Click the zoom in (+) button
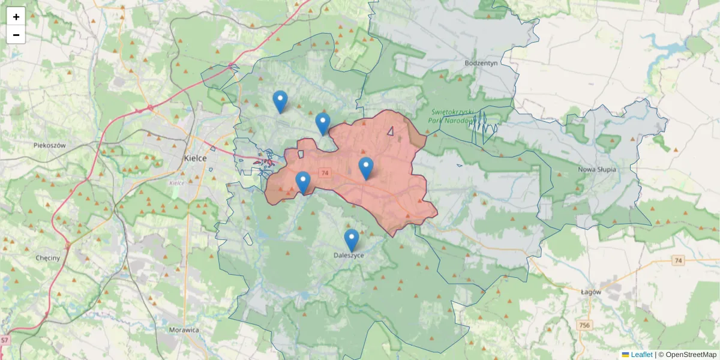click(16, 16)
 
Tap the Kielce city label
click(195, 158)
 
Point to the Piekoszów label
click(49, 145)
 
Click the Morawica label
click(184, 330)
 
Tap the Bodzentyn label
click(482, 62)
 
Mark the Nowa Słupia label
click(597, 170)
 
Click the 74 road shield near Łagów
click(678, 260)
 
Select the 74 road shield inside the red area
click(325, 173)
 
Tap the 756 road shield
click(584, 325)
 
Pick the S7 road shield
click(5, 340)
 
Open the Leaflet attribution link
click(641, 355)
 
